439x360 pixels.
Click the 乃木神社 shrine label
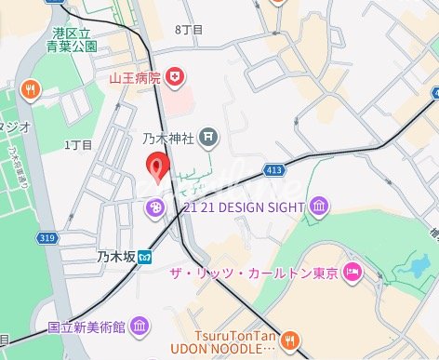pos(168,140)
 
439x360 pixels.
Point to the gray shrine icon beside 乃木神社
pos(208,139)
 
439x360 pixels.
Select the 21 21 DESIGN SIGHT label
pos(246,206)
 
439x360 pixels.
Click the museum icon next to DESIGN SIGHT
pos(319,206)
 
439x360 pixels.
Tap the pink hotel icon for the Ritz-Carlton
pos(353,273)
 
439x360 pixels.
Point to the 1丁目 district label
pos(78,145)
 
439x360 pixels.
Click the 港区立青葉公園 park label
pos(74,38)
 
